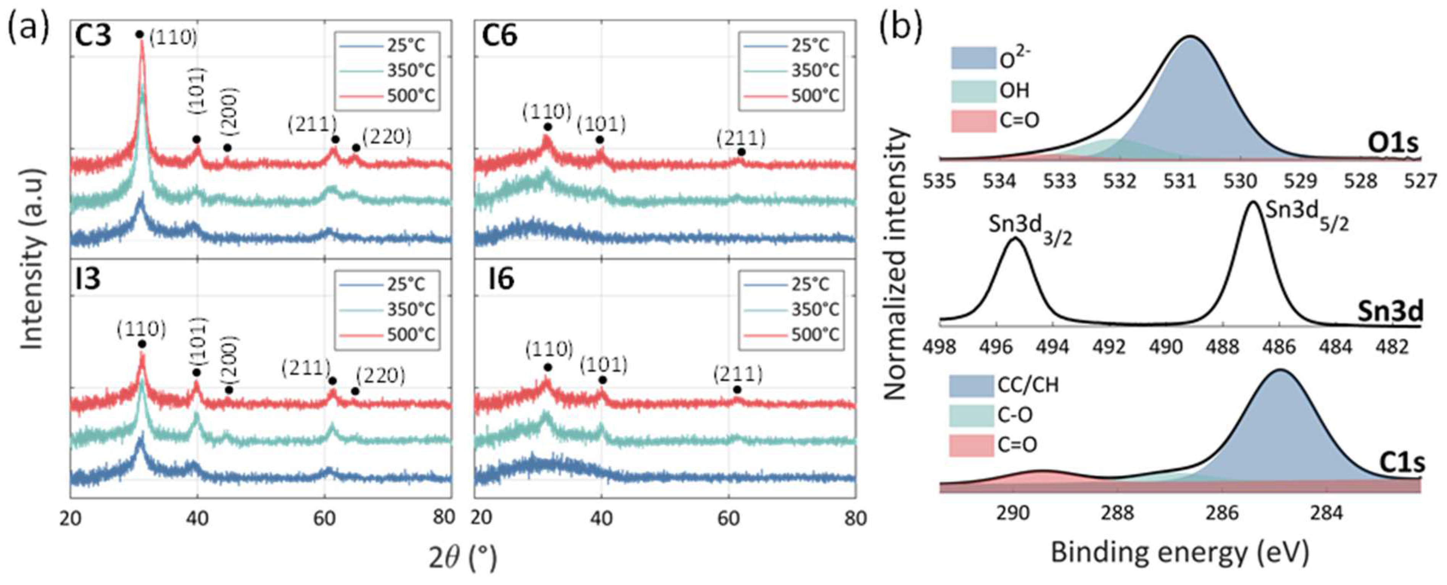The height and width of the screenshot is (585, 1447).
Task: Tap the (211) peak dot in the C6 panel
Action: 741,152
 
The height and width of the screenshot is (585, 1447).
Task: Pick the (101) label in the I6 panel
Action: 603,365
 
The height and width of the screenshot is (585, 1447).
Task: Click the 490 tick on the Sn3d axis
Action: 1166,347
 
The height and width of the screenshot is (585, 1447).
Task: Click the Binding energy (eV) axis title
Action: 1180,553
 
